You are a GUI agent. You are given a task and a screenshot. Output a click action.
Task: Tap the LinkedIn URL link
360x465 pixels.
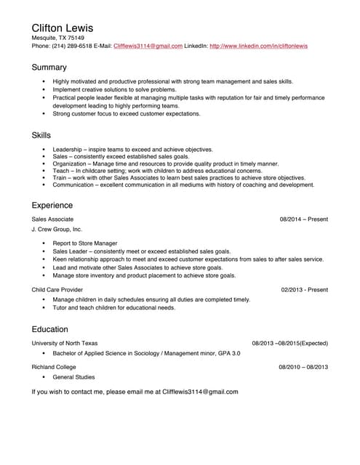click(x=258, y=46)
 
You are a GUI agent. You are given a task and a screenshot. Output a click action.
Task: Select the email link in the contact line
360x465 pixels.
click(x=148, y=46)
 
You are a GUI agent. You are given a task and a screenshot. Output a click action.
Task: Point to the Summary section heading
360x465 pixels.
click(x=49, y=68)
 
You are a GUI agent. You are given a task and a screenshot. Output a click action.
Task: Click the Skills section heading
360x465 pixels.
click(x=41, y=135)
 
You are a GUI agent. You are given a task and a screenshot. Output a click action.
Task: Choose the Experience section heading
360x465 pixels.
click(x=53, y=205)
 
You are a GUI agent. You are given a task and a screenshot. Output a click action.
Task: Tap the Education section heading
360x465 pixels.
click(x=49, y=329)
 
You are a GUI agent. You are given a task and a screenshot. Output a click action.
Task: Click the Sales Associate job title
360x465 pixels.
click(x=52, y=219)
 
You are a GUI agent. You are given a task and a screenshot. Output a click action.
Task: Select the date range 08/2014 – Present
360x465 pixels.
click(x=303, y=219)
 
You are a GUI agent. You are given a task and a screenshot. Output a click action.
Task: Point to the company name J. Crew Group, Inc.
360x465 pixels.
click(x=57, y=230)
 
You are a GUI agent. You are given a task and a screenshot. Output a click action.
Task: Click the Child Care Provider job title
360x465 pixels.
click(x=58, y=289)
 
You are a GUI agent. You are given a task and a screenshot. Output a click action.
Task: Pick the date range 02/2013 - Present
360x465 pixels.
click(x=304, y=289)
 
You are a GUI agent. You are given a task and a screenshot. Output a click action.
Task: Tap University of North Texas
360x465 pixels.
click(x=64, y=343)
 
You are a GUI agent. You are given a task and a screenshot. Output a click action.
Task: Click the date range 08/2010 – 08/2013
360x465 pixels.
click(x=303, y=367)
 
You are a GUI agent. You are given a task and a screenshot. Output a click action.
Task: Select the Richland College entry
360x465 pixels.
click(x=54, y=367)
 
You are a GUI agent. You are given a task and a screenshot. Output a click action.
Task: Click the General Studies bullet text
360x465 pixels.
click(x=73, y=377)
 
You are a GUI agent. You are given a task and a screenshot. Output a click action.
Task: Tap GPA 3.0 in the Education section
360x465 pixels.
click(x=228, y=353)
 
